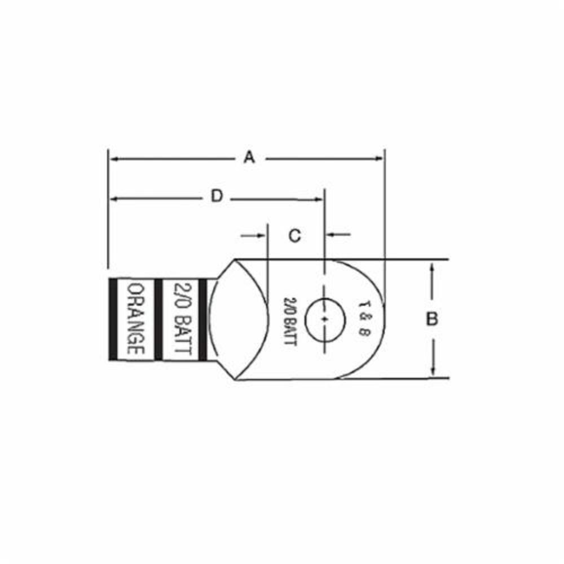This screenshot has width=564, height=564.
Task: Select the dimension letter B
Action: tap(432, 319)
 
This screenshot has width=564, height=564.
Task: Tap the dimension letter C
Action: tap(294, 235)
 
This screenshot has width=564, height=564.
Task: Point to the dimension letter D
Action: tap(217, 196)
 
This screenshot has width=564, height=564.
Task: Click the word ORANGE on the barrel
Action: tap(135, 319)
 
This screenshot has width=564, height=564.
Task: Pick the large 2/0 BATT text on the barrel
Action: tap(182, 319)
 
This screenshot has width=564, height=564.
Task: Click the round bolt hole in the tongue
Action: tap(325, 319)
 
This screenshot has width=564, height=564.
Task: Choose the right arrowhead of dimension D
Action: tap(320, 198)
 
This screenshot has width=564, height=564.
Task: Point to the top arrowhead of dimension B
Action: tap(432, 267)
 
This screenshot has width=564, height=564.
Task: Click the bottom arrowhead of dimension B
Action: tap(432, 371)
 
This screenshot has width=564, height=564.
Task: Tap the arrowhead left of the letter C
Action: tap(261, 235)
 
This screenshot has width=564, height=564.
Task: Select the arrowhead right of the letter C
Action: tap(331, 234)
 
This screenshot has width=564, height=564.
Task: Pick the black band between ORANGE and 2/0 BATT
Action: tap(159, 319)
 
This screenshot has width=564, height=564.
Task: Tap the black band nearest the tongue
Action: tap(204, 319)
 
